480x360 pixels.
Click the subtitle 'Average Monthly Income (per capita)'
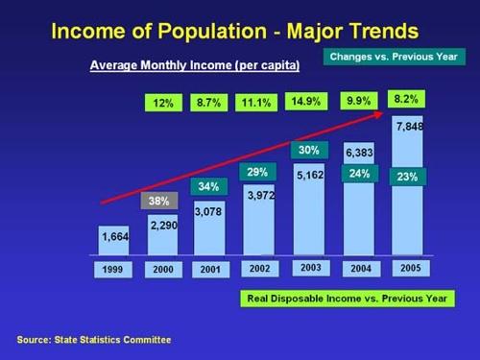pyautogui.click(x=195, y=66)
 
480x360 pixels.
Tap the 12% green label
pyautogui.click(x=162, y=103)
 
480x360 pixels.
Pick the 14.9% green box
pyautogui.click(x=303, y=102)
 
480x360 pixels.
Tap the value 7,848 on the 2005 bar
pyautogui.click(x=410, y=126)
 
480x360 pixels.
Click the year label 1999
pyautogui.click(x=113, y=270)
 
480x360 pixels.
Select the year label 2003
pyautogui.click(x=309, y=269)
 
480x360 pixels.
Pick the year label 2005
pyautogui.click(x=410, y=269)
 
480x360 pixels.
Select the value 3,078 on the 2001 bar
pyautogui.click(x=209, y=209)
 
